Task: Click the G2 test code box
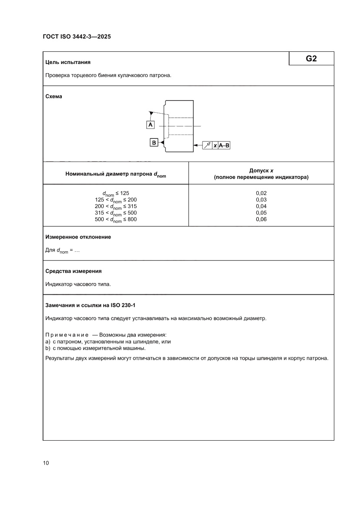point(311,59)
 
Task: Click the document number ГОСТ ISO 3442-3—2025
point(77,37)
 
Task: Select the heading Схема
point(54,97)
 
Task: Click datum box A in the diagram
point(150,125)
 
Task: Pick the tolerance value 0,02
point(261,193)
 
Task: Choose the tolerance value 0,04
point(261,206)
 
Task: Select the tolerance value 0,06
point(261,219)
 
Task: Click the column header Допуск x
point(261,171)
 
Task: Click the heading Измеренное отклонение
point(78,237)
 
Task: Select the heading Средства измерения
point(74,271)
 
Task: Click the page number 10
point(46,463)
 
